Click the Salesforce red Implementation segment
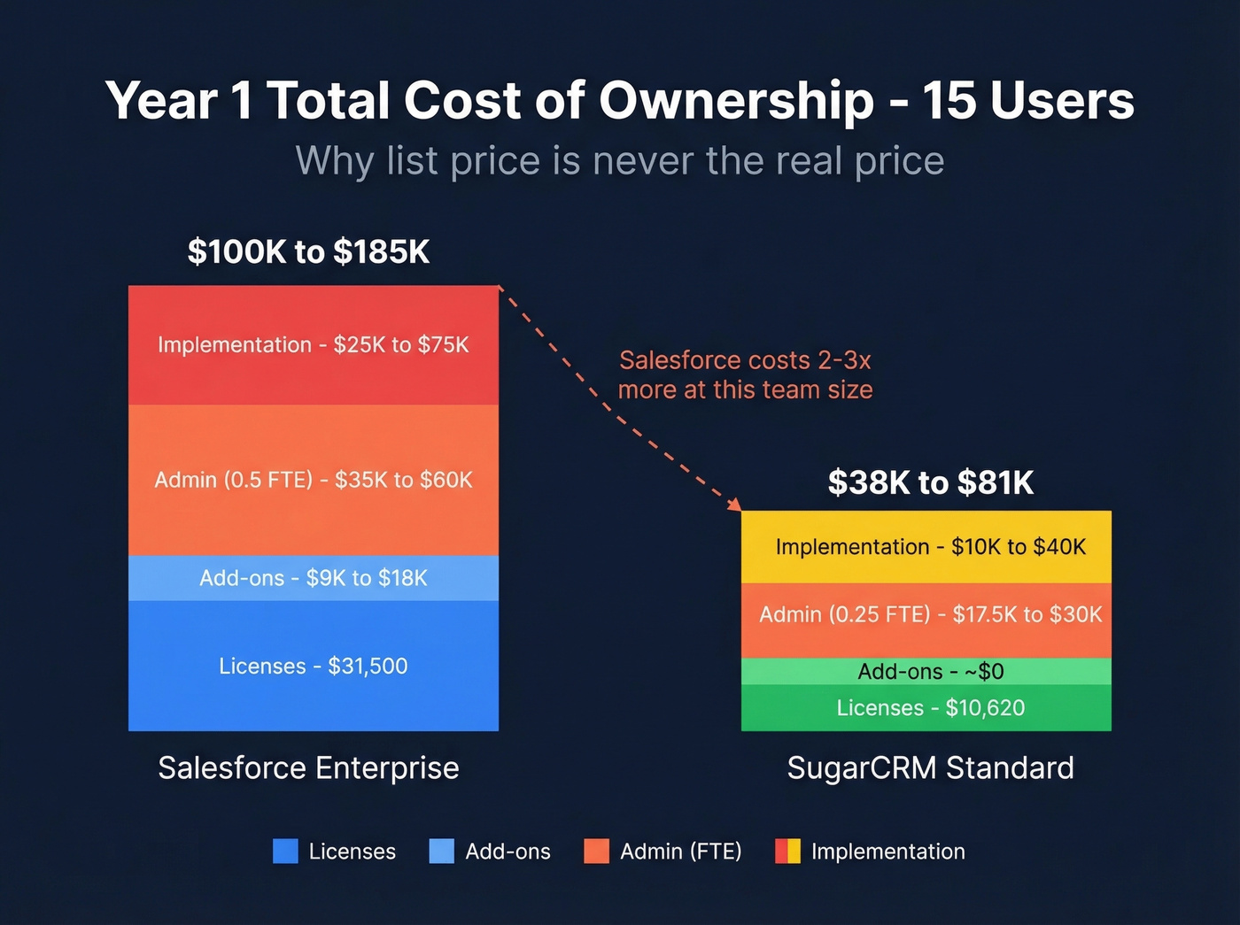pos(314,345)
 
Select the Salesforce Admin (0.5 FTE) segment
pos(314,480)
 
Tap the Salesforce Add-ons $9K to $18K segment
pos(314,578)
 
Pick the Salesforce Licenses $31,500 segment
pos(314,666)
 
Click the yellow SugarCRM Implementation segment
pos(926,547)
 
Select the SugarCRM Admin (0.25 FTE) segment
pos(926,615)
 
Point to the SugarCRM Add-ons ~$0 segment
pos(926,671)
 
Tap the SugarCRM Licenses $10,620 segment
pos(926,708)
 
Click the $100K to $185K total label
pos(308,252)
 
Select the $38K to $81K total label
pos(930,483)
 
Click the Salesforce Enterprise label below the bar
pos(308,767)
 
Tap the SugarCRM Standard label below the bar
pos(930,767)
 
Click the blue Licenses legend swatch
pos(285,851)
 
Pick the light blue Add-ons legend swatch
pos(441,851)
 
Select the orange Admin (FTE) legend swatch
pos(596,851)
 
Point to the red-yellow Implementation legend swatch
pos(787,851)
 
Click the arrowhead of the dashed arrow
pos(734,505)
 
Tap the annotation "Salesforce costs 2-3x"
pos(745,360)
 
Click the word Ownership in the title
pos(736,100)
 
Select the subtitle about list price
pos(620,161)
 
